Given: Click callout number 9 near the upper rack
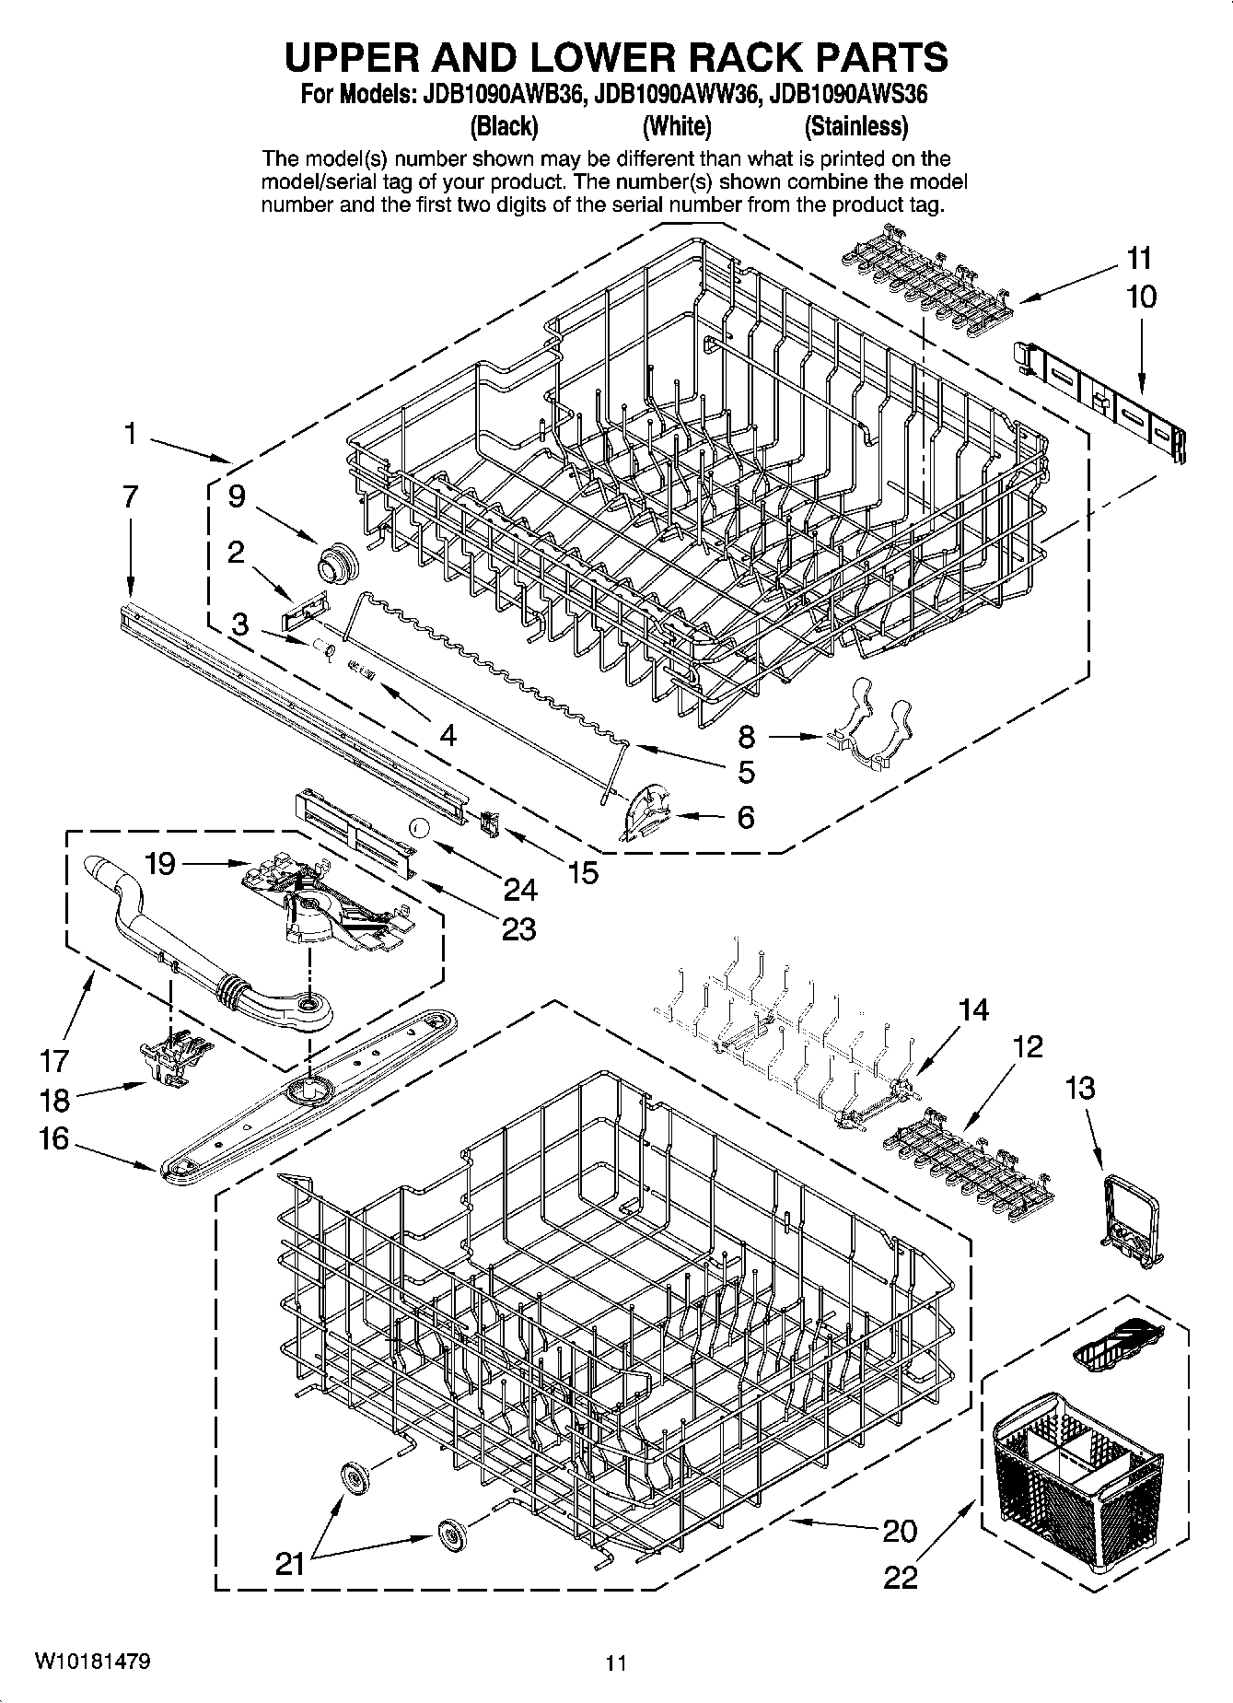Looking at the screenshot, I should pos(237,497).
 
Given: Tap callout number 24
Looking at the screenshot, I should pos(520,889).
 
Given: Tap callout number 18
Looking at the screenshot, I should pos(55,1100).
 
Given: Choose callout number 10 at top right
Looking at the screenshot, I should pos(1140,297).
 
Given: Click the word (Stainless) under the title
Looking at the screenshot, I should pos(855,125).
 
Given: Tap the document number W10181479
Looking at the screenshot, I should pos(93,1662).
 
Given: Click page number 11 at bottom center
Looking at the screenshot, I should pos(616,1662).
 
